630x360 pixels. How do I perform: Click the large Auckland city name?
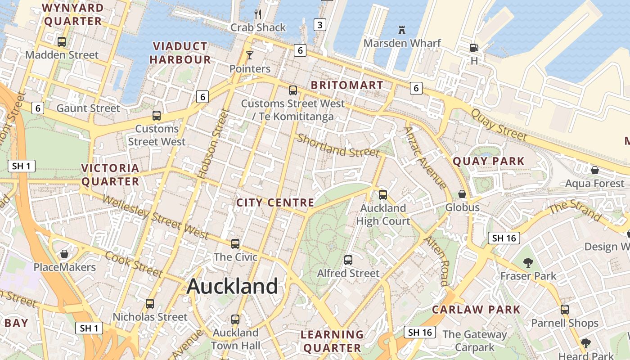232,286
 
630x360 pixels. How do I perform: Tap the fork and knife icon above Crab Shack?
258,14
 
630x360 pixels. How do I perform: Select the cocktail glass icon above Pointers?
250,55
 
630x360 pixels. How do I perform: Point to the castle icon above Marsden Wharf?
402,30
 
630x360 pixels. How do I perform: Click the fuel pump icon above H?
474,47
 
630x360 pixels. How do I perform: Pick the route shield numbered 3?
319,25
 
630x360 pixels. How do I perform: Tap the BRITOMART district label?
347,85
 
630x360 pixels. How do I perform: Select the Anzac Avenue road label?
425,157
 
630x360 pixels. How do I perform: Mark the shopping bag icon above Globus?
462,194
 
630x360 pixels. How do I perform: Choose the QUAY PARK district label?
489,161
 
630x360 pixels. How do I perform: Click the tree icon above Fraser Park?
528,262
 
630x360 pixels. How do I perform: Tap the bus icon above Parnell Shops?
565,310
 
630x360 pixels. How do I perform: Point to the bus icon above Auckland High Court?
383,195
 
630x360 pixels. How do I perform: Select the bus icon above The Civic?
235,244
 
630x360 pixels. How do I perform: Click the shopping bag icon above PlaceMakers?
64,254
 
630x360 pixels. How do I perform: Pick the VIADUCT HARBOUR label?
180,53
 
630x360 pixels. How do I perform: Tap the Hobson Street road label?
211,143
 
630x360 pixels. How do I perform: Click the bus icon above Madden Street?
62,42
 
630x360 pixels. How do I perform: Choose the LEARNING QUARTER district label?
332,341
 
